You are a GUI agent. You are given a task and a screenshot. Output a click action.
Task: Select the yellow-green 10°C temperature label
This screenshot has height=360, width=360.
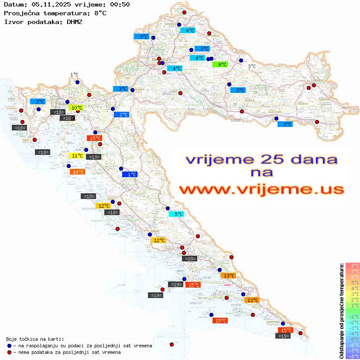point(76,108)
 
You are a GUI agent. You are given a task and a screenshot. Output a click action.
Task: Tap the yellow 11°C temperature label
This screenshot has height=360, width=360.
point(76,156)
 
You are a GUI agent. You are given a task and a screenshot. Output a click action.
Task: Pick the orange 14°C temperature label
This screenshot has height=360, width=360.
point(77,172)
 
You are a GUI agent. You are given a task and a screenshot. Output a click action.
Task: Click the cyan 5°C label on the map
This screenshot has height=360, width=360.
point(176,214)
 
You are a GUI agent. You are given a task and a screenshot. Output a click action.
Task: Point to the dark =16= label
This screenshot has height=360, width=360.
point(68,118)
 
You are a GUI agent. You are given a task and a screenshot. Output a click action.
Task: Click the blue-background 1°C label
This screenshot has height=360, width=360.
point(130,175)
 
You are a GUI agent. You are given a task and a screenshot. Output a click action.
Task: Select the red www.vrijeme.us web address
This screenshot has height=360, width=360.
point(261,189)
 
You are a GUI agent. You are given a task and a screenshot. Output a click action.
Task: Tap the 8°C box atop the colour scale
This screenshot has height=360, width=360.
point(353,266)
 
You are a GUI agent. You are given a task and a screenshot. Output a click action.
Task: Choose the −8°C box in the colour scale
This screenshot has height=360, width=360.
point(353,357)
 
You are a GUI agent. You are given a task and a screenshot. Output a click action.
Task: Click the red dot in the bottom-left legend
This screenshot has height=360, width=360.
point(9,352)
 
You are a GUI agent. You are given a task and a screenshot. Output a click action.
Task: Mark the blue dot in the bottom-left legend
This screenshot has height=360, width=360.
point(9,346)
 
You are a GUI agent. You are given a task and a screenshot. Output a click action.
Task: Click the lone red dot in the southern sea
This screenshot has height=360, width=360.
point(171,344)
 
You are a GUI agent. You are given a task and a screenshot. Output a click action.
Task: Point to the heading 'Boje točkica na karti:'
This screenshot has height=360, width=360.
point(35,339)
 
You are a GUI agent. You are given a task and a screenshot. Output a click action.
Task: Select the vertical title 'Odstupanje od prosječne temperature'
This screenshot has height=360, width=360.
point(341,311)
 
